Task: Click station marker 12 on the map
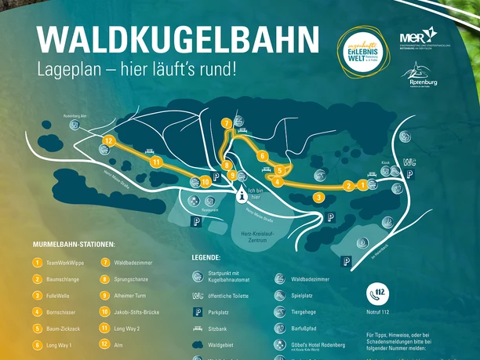[109, 141]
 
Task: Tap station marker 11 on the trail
[157, 162]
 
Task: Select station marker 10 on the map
[205, 182]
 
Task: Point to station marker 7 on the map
[226, 124]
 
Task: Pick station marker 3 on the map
[318, 197]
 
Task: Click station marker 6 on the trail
[262, 155]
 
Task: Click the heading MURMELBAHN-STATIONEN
[74, 245]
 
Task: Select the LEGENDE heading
[206, 257]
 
